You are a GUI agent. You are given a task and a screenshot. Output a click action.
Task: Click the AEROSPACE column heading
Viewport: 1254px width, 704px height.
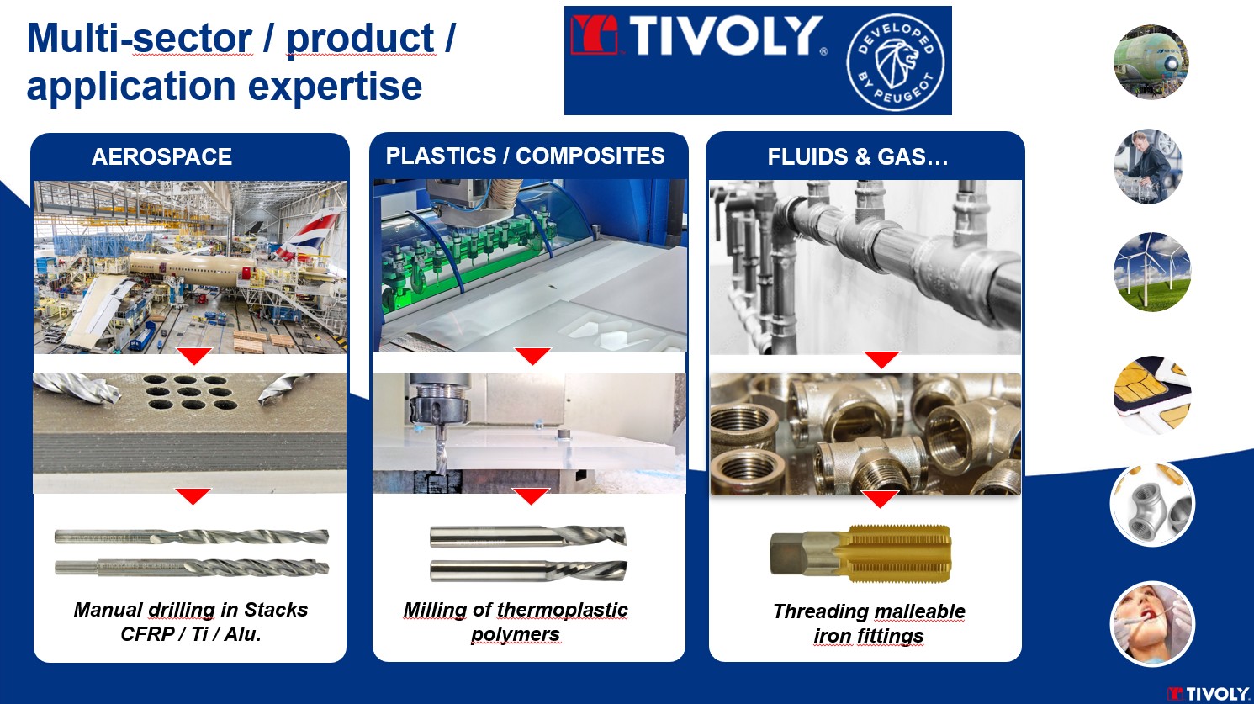click(x=161, y=156)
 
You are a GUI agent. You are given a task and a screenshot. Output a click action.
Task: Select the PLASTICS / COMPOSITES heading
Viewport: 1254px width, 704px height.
click(x=525, y=156)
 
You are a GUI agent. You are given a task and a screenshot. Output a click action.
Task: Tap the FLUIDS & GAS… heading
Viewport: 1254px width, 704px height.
click(x=858, y=156)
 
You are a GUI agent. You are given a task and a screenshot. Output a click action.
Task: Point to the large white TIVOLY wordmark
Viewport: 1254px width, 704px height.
click(x=726, y=36)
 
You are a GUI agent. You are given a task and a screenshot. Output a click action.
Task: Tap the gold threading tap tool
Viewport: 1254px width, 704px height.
click(x=860, y=553)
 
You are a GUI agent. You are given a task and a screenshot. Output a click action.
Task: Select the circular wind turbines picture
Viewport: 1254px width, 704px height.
click(x=1151, y=272)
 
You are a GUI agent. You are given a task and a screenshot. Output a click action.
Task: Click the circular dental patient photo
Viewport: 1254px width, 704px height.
click(x=1152, y=623)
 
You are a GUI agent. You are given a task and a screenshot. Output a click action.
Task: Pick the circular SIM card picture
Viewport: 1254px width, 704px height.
click(x=1151, y=394)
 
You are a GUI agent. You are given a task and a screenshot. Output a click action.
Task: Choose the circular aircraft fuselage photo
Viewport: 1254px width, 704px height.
click(x=1151, y=61)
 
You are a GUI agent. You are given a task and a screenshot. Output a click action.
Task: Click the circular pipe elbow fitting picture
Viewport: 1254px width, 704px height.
click(x=1152, y=504)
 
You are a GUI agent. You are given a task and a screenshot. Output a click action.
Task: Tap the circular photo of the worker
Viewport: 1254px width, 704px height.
click(x=1148, y=167)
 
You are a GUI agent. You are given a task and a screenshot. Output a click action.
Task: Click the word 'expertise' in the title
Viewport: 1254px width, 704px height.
click(x=335, y=87)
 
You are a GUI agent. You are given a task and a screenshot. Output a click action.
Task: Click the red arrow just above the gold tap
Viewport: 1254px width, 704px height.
click(x=880, y=499)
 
